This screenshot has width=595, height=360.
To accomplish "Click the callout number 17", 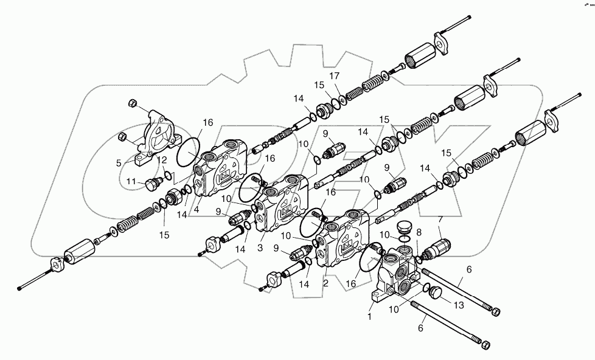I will (x=335, y=75).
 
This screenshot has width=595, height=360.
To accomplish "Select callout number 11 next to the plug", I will (x=130, y=181).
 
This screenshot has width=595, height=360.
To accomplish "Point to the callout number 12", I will (x=161, y=160).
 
